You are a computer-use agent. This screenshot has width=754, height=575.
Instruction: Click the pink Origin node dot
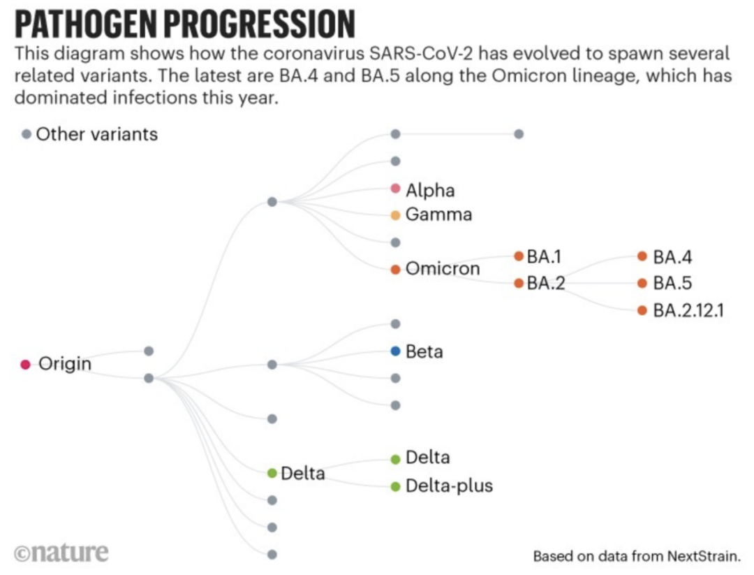(26, 364)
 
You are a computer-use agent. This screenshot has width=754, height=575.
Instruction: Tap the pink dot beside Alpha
(395, 189)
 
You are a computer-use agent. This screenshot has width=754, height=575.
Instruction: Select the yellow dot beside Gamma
(395, 215)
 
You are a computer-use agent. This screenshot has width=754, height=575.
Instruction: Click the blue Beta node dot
(395, 351)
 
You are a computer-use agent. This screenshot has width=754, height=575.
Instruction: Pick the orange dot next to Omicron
(395, 269)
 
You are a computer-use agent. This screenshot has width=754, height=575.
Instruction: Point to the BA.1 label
(544, 256)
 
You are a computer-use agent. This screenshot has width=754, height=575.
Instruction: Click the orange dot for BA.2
(519, 283)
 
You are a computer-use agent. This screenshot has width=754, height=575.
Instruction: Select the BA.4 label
(672, 256)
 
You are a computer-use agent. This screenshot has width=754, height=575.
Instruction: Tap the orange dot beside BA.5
(642, 283)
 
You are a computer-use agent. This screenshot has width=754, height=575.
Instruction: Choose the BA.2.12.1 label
(688, 310)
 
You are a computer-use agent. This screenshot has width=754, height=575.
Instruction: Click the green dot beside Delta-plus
(395, 486)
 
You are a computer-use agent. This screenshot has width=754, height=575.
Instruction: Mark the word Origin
(65, 364)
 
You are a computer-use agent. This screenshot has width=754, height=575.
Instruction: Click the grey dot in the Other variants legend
(27, 133)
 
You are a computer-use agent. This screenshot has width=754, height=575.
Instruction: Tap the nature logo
(61, 552)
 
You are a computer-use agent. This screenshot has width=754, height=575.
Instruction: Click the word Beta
(424, 351)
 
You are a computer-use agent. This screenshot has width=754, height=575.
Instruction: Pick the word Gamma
(438, 215)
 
